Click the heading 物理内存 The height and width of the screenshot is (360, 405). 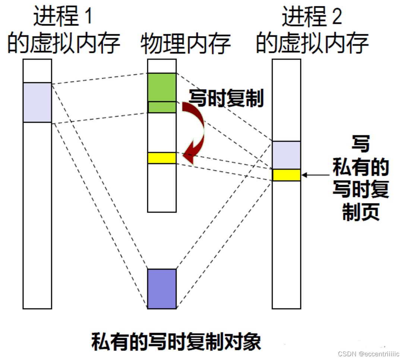point(186,44)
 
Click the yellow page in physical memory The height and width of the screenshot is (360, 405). point(162,158)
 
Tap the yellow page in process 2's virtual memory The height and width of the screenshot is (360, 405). point(286,175)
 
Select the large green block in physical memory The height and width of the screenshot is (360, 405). point(162,87)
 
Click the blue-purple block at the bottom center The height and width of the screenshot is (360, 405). point(162,289)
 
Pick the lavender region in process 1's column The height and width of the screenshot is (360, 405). point(37,102)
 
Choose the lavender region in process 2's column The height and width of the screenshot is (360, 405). point(286,155)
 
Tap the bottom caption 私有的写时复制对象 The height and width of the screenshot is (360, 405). point(176,342)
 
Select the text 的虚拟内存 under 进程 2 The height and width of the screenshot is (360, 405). point(312,43)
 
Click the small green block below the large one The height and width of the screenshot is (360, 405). point(162,107)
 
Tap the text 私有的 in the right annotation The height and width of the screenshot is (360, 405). point(360,167)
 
